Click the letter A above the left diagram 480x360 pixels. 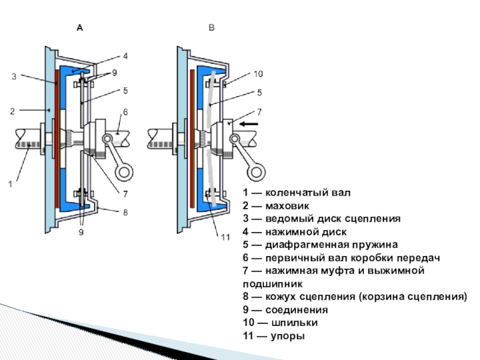pyautogui.click(x=80, y=28)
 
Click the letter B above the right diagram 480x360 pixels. pyautogui.click(x=211, y=28)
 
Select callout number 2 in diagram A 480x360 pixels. pyautogui.click(x=11, y=110)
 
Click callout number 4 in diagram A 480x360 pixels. pyautogui.click(x=125, y=56)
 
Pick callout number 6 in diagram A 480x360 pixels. pyautogui.click(x=125, y=112)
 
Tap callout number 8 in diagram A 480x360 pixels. pyautogui.click(x=125, y=211)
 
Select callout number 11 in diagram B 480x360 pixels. pyautogui.click(x=224, y=237)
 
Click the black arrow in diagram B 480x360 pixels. pyautogui.click(x=250, y=124)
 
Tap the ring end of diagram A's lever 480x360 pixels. pyautogui.click(x=124, y=172)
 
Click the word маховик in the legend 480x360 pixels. pyautogui.click(x=281, y=206)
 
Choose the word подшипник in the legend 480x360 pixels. pyautogui.click(x=273, y=284)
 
